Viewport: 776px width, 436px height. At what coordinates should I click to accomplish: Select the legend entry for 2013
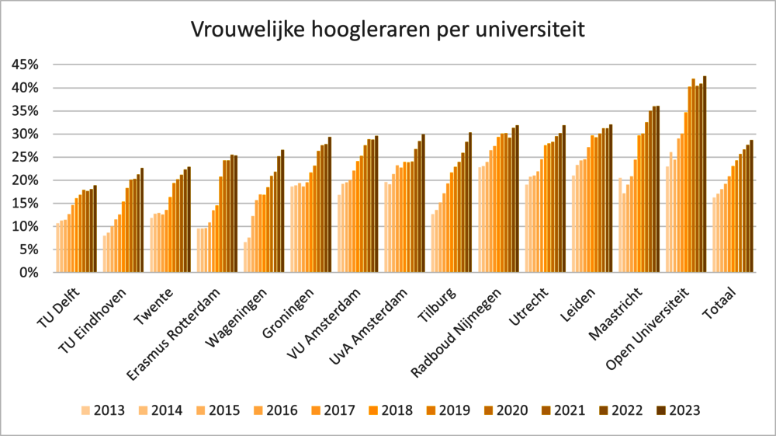[x=99, y=410]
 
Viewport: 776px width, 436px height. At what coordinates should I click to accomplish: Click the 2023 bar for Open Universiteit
[x=705, y=175]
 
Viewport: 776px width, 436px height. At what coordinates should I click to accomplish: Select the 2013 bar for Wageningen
[x=245, y=257]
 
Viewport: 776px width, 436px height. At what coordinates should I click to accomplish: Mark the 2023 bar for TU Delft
[x=95, y=229]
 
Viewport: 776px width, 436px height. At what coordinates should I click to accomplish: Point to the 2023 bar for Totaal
[x=751, y=207]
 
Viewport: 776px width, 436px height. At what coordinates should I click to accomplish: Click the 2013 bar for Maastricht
[x=620, y=225]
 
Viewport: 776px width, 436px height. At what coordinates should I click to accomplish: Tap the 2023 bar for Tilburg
[x=469, y=203]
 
